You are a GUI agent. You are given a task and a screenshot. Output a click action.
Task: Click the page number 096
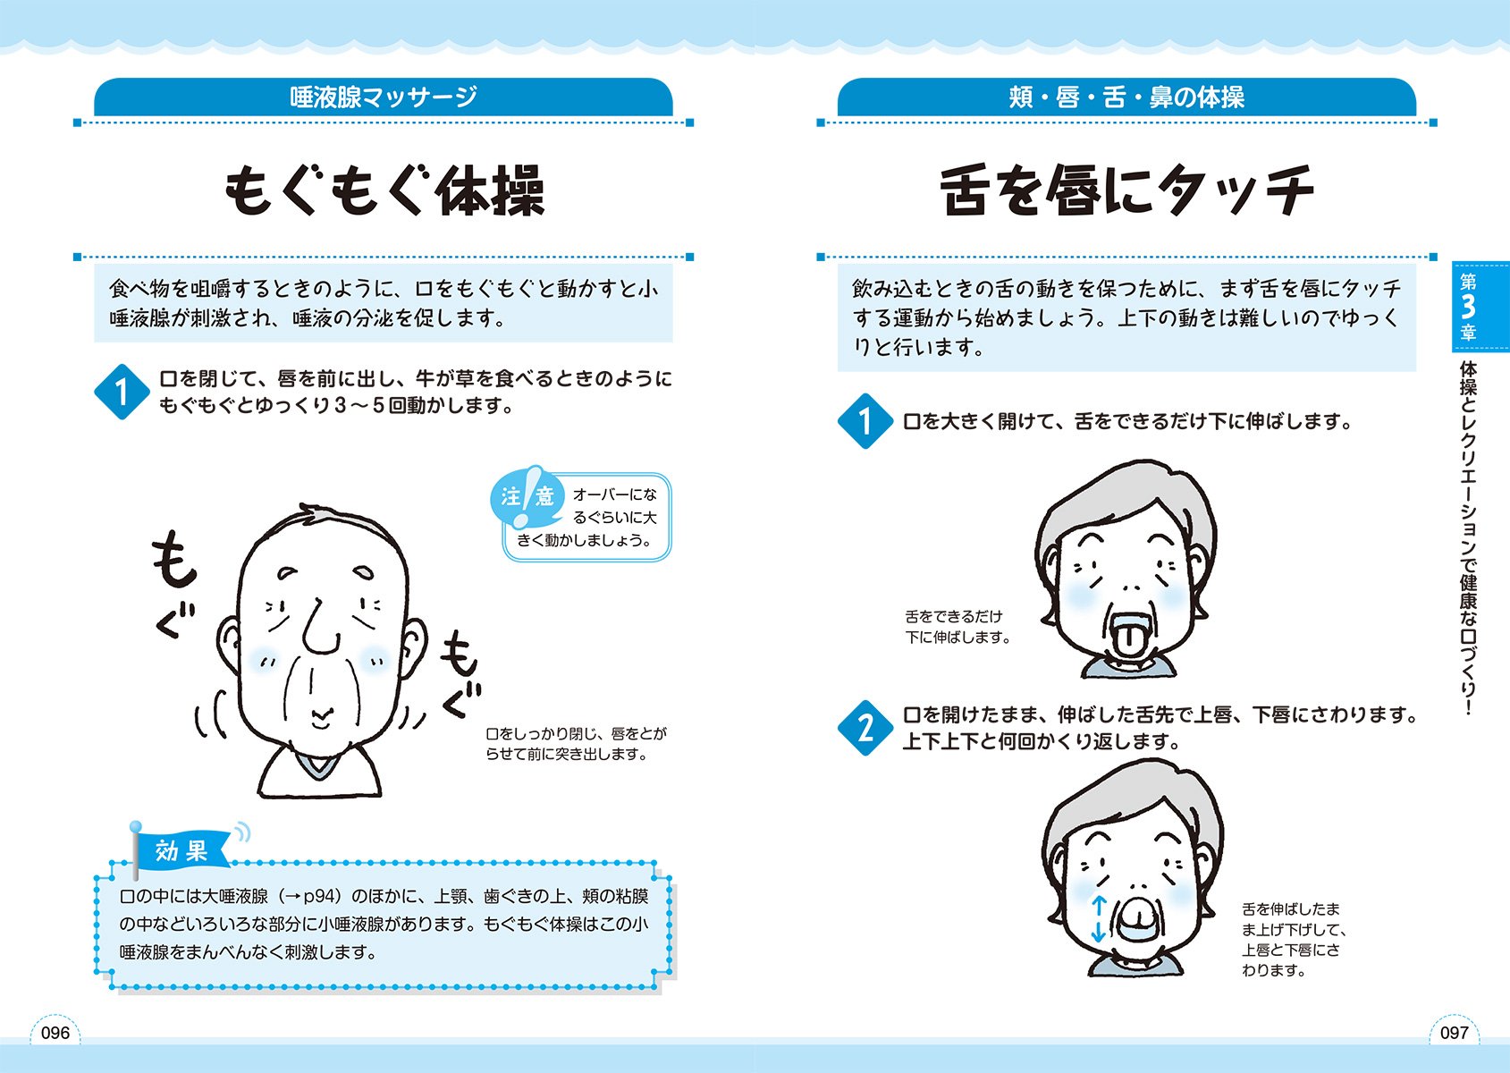[x=55, y=1033]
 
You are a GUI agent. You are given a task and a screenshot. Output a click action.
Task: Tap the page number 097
[x=1454, y=1033]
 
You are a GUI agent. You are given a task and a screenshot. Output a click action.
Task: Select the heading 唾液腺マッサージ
[x=384, y=97]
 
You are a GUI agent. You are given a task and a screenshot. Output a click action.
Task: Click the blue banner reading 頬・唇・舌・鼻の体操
[x=1126, y=97]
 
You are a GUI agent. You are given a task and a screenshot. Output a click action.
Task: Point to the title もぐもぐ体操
[x=384, y=190]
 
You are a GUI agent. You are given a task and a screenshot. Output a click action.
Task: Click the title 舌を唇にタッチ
[x=1126, y=190]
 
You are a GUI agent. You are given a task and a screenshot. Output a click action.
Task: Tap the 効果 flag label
[x=181, y=850]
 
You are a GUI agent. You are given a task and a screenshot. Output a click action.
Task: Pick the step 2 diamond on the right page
[x=865, y=728]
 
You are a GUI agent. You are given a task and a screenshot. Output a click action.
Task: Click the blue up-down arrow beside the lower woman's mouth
[x=1099, y=919]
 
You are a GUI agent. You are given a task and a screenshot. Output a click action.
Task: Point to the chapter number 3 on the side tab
[x=1467, y=307]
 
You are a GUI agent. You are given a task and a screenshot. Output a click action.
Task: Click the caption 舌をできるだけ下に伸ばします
[x=957, y=627]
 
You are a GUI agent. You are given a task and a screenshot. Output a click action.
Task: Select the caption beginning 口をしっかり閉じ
[x=576, y=744]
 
